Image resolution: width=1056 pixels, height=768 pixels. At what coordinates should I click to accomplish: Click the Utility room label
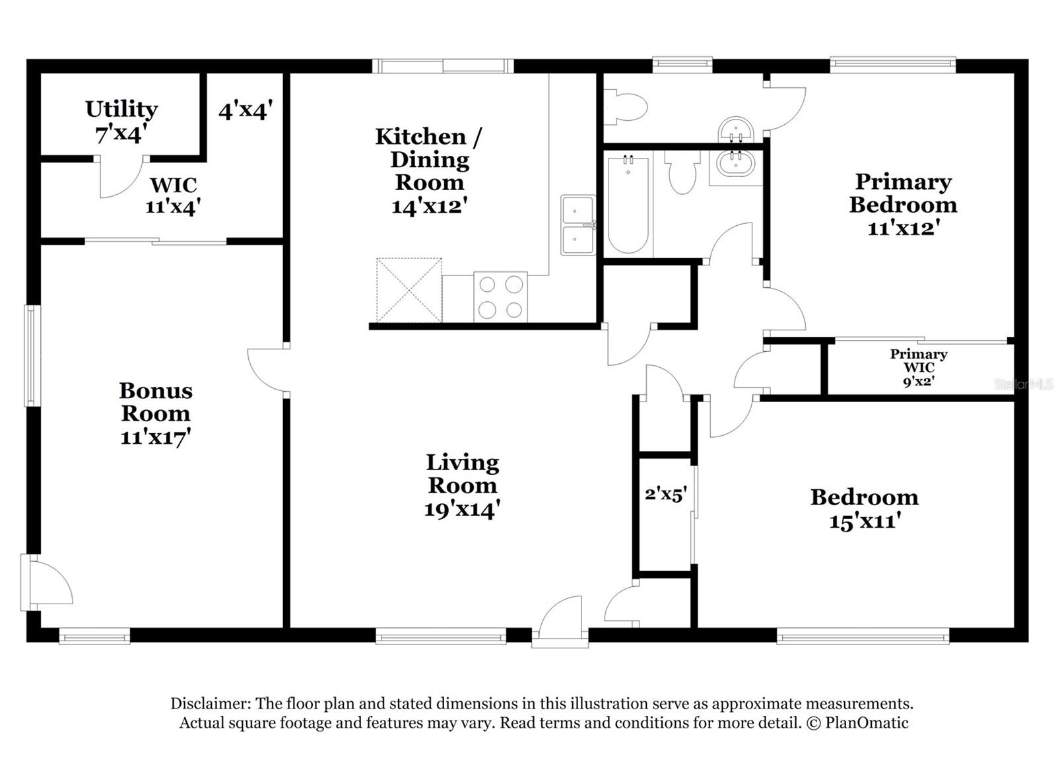121,121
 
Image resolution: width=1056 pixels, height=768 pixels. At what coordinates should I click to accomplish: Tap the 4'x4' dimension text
246,110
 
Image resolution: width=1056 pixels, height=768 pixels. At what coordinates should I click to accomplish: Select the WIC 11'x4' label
173,195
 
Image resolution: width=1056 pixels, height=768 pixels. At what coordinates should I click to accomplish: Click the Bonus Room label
156,413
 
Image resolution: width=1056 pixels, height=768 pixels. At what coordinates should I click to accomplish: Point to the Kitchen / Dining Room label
429,170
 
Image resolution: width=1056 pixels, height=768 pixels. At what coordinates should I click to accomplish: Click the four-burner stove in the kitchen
500,297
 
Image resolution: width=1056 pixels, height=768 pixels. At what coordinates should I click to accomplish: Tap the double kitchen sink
577,225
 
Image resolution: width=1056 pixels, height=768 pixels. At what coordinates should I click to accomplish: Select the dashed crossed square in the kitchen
409,290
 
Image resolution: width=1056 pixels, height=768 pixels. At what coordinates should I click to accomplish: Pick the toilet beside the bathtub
682,172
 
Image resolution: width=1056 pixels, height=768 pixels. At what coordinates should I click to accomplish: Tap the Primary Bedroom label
903,204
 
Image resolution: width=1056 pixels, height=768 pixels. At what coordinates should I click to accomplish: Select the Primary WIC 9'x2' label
918,367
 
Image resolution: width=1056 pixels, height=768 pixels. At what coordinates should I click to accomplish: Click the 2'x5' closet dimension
666,494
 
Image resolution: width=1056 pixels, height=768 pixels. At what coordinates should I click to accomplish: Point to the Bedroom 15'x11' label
864,508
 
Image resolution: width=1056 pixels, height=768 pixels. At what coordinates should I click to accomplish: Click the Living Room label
462,485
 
